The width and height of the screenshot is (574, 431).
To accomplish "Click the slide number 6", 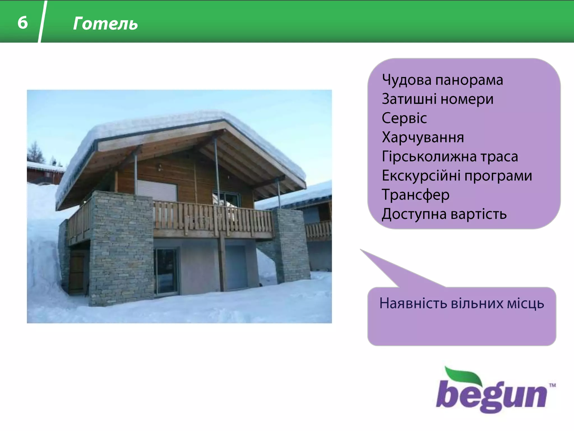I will [x=23, y=22].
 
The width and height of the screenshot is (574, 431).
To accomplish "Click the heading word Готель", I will [x=105, y=24].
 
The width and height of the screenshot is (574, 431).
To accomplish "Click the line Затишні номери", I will [x=437, y=99].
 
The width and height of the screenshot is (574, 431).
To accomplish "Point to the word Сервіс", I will [x=404, y=118].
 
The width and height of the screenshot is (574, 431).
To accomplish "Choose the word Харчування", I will [x=423, y=137].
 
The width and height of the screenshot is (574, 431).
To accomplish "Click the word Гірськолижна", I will [x=429, y=157].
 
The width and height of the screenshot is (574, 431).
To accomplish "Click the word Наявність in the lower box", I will [x=413, y=304].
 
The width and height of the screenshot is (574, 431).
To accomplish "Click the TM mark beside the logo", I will [x=552, y=385].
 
